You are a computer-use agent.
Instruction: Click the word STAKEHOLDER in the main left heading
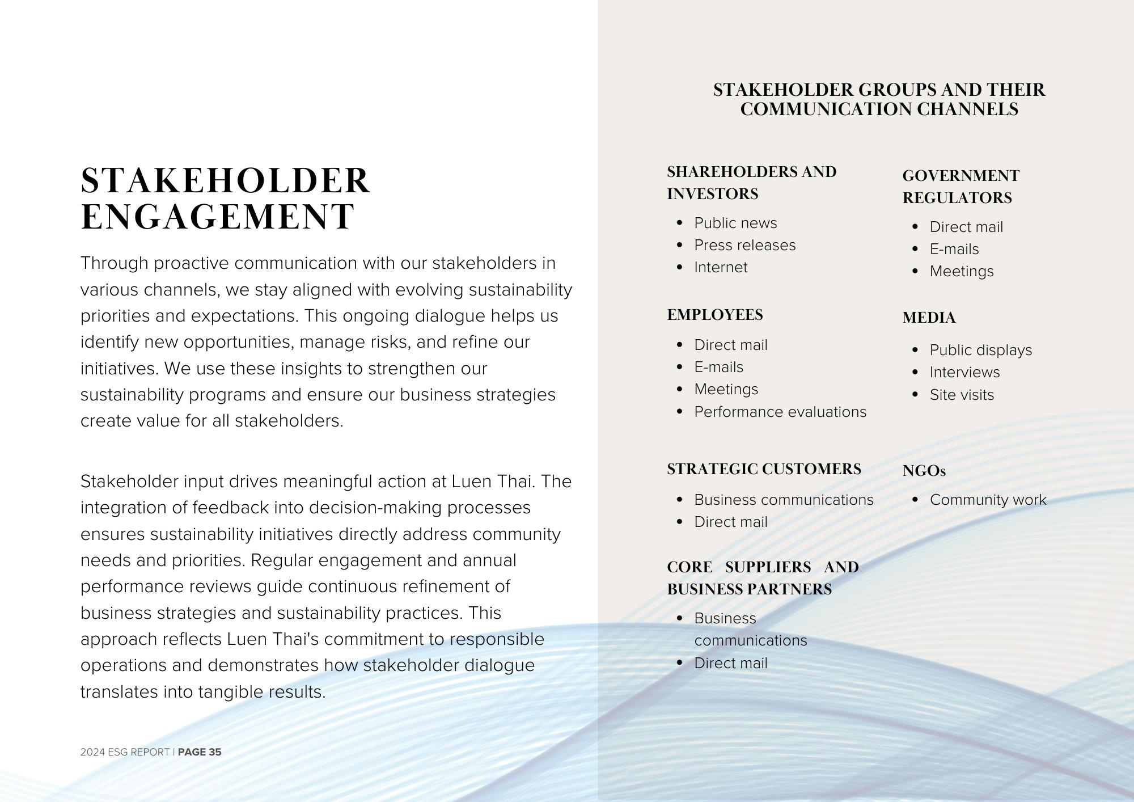225,181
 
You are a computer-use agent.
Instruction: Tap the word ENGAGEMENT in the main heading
218,217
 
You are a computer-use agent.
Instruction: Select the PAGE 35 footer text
200,752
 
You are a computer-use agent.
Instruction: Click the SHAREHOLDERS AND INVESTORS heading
751,183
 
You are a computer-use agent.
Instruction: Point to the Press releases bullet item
744,245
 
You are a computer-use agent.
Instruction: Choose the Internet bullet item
721,267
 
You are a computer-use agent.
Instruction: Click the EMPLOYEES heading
715,315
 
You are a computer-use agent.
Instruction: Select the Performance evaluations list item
780,412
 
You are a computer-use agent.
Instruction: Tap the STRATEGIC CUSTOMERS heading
764,469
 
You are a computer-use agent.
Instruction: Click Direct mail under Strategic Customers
730,522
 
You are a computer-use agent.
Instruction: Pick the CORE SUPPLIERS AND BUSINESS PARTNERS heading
763,578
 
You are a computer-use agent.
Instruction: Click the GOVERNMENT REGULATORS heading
960,187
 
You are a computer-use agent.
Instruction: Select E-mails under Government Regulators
954,249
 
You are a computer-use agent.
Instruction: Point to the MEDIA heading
929,318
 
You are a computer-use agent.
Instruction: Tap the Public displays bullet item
980,350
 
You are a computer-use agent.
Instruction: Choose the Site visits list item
962,395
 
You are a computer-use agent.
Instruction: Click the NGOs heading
924,471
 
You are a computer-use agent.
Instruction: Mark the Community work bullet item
988,500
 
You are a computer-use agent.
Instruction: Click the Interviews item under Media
964,372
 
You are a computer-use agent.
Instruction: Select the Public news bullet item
735,223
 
